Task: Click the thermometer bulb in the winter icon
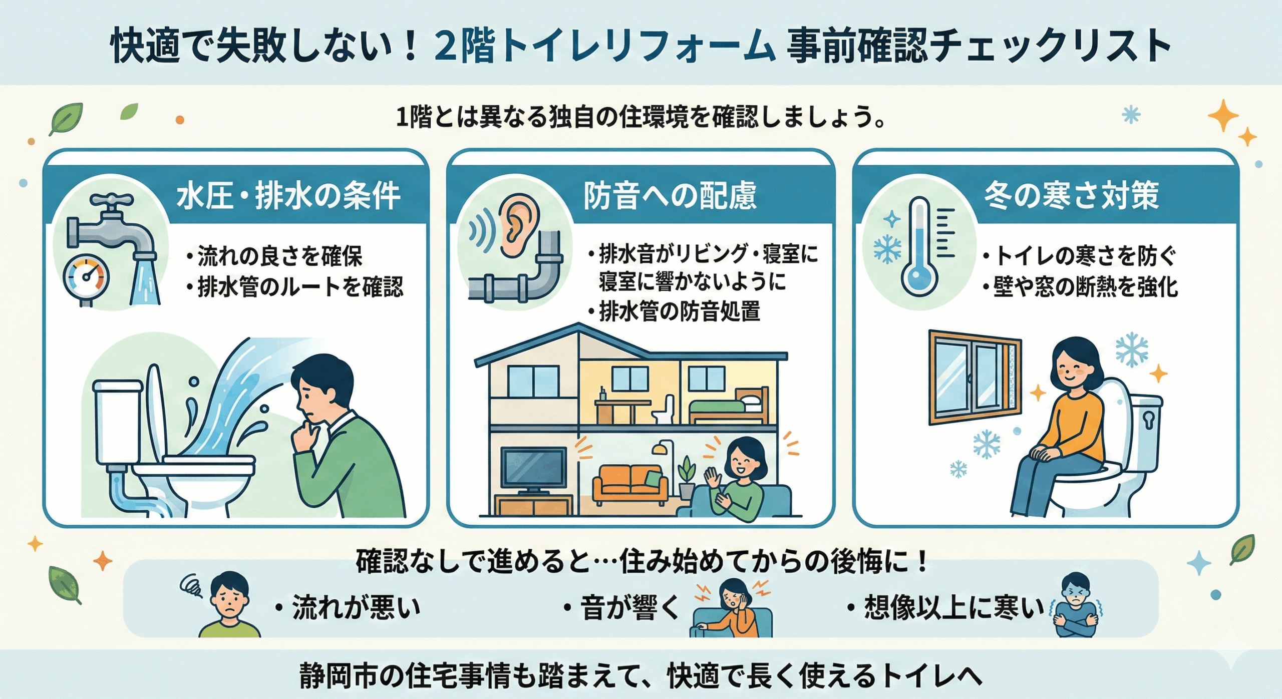919,277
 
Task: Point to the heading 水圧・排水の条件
288,196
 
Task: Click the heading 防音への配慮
670,196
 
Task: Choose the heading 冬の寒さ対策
1071,195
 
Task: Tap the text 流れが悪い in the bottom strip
356,607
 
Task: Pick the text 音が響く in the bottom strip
629,607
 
